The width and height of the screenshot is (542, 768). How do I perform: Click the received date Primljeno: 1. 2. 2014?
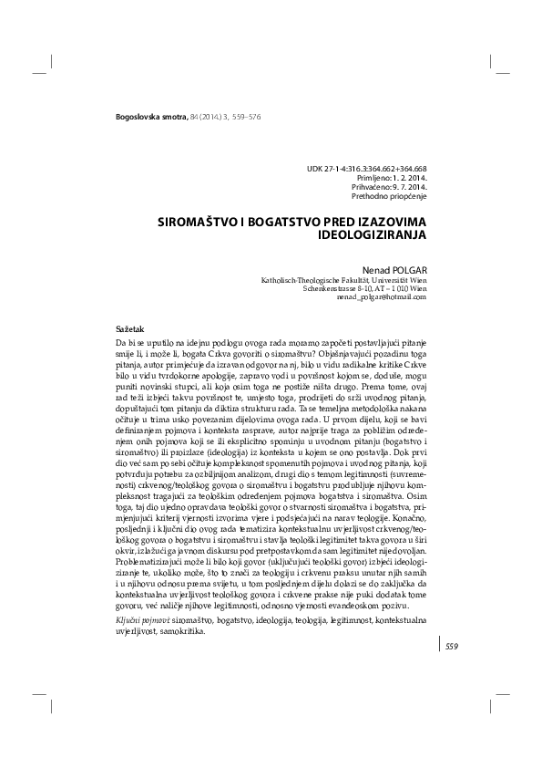point(388,178)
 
